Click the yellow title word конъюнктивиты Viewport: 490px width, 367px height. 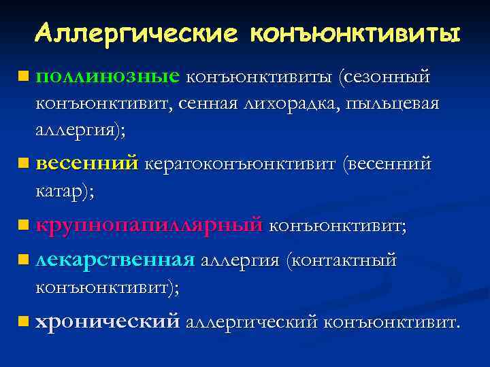click(x=355, y=33)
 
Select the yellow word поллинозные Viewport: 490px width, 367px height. click(x=108, y=77)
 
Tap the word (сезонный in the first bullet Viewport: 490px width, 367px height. click(x=385, y=77)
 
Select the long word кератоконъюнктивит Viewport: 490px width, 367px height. click(x=241, y=164)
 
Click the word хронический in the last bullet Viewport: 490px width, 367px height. click(x=108, y=320)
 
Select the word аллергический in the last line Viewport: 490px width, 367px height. click(x=251, y=320)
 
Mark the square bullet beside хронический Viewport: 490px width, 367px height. click(x=24, y=319)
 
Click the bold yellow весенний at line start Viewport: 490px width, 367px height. click(x=87, y=164)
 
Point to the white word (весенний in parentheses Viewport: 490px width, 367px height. click(x=387, y=164)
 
